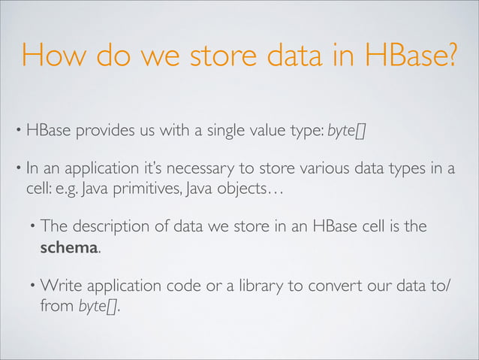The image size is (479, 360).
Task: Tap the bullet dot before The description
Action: (33, 225)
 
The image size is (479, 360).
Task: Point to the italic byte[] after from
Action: (98, 307)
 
